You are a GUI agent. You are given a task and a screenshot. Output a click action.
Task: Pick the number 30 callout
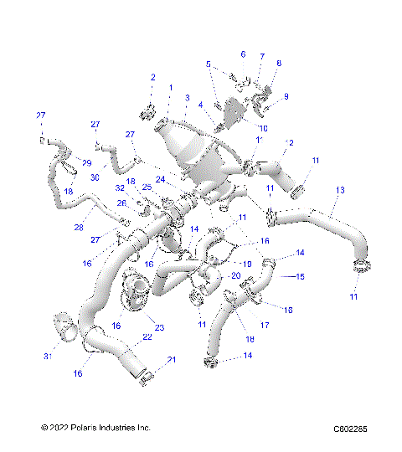coord(95,177)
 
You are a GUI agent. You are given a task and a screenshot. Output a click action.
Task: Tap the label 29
coord(86,162)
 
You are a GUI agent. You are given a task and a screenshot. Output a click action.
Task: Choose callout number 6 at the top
coord(243,54)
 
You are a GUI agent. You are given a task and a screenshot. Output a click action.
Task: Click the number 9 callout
coord(286,96)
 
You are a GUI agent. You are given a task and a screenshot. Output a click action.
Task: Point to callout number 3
coord(187,98)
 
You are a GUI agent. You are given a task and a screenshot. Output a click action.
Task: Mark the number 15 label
coord(299,275)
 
